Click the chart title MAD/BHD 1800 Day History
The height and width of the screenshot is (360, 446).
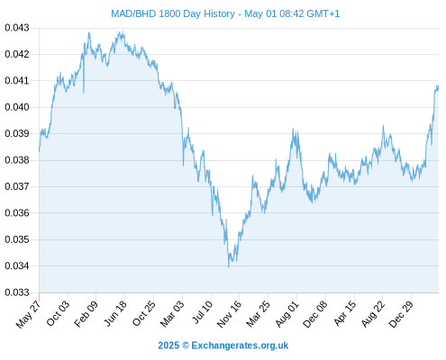coord(173,13)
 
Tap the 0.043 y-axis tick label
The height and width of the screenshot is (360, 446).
coord(17,28)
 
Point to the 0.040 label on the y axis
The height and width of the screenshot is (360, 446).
coord(17,107)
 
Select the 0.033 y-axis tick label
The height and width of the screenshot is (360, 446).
coord(17,292)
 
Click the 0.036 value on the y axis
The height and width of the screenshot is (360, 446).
coord(17,213)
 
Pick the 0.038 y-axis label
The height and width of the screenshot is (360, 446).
coord(17,160)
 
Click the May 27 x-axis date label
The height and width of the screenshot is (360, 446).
coord(29,314)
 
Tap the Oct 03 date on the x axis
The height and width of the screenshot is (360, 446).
coord(58,313)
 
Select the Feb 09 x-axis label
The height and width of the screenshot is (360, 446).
coord(86,313)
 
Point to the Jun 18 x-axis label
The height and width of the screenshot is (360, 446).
coord(115,313)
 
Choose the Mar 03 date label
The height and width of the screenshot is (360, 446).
coord(172,314)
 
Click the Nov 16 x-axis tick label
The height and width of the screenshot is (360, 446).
coord(229,314)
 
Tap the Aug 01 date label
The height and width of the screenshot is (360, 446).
coord(287,314)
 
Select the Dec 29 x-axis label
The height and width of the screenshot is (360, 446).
coord(401,314)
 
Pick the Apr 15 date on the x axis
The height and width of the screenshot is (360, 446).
coord(345,313)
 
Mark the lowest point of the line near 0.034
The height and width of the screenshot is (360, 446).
coord(229,267)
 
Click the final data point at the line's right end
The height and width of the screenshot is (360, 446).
coord(438,86)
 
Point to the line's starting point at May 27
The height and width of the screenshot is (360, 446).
coord(39,151)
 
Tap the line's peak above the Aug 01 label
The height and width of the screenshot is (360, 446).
coord(293,129)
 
